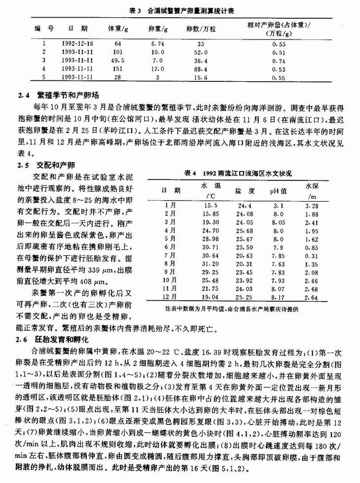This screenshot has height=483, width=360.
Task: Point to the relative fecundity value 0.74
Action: tap(279, 60)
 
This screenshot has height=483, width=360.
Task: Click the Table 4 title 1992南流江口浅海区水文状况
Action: tap(238, 173)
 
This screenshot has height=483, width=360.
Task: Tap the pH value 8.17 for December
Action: tap(279, 298)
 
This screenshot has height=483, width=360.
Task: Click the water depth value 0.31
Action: tap(311, 255)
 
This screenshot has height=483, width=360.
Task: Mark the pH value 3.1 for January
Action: tap(279, 205)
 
